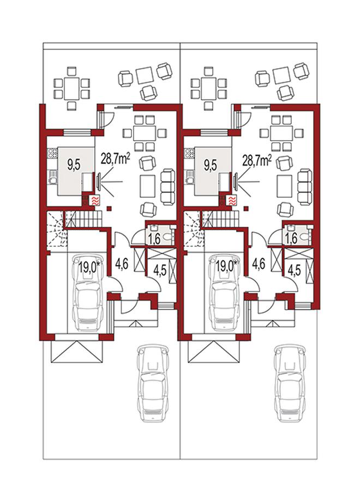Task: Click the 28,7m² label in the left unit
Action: pyautogui.click(x=115, y=158)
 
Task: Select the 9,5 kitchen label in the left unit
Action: pyautogui.click(x=74, y=165)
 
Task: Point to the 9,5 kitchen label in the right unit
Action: pyautogui.click(x=211, y=166)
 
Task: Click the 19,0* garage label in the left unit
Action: pyautogui.click(x=89, y=268)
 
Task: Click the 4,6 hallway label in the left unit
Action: pyautogui.click(x=122, y=264)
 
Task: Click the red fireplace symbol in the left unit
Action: pyautogui.click(x=95, y=200)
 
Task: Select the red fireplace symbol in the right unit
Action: pyautogui.click(x=232, y=200)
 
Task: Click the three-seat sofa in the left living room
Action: pyautogui.click(x=167, y=186)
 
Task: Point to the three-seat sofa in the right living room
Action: pyautogui.click(x=305, y=186)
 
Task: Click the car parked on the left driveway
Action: pyautogui.click(x=153, y=383)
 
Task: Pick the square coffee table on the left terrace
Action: pyautogui.click(x=145, y=75)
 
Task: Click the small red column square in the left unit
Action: pyautogui.click(x=109, y=208)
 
